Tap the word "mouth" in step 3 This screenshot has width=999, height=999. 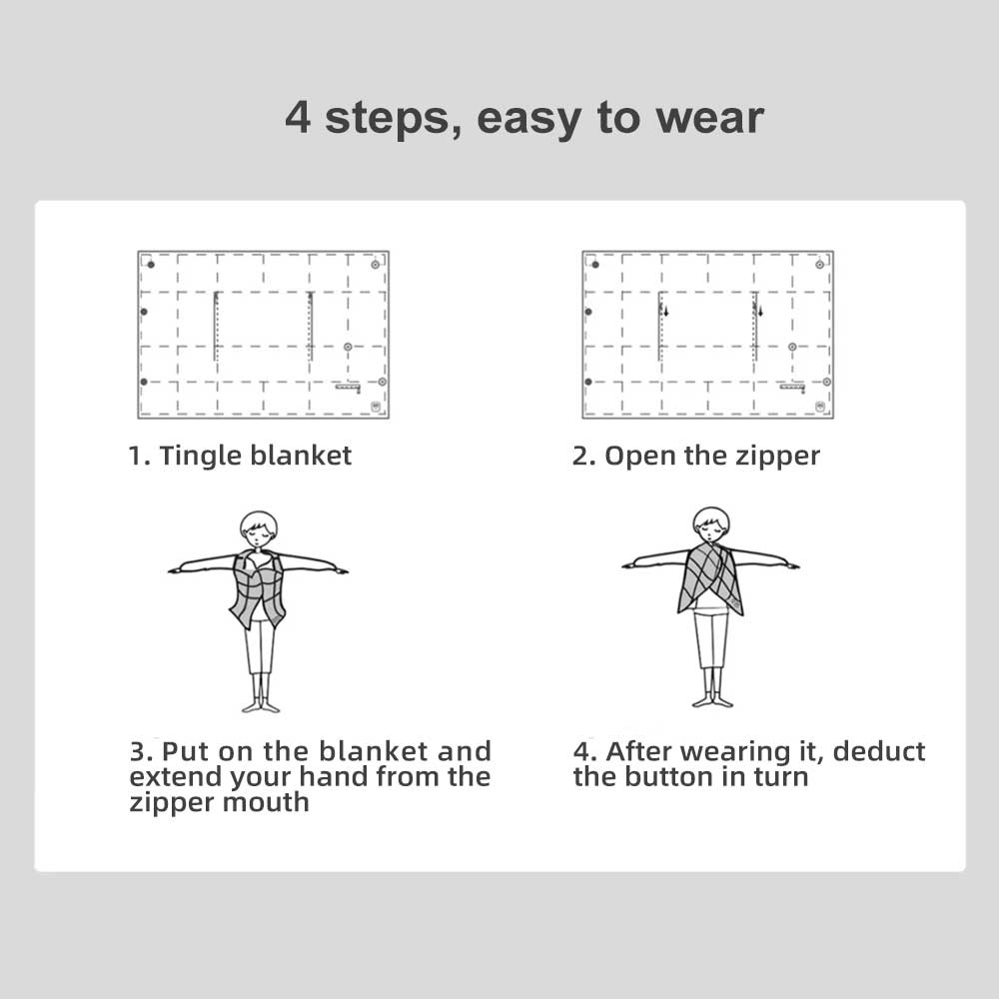264,801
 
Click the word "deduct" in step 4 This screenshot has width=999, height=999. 878,751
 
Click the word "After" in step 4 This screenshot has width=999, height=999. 638,751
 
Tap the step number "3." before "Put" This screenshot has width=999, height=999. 141,751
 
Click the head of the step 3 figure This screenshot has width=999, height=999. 258,527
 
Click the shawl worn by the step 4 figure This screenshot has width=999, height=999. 710,579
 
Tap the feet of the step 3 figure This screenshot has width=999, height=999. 260,705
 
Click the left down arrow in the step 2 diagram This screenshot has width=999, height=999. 666,312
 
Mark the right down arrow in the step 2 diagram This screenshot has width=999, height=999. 760,312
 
